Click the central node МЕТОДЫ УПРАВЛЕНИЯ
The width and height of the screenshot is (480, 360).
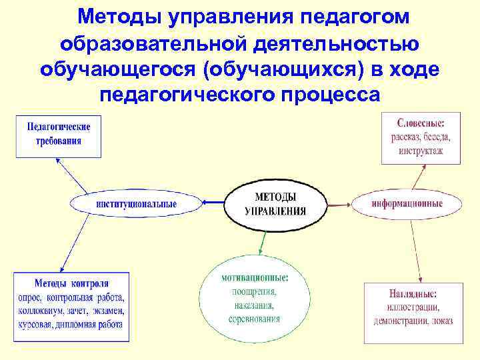tap(275, 204)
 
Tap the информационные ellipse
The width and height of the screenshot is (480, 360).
tap(406, 203)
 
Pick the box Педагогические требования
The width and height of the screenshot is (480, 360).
tap(59, 134)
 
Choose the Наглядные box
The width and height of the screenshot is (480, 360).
tap(412, 307)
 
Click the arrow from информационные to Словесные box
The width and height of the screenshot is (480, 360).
tap(418, 177)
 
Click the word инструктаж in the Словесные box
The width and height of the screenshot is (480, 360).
tap(421, 151)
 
